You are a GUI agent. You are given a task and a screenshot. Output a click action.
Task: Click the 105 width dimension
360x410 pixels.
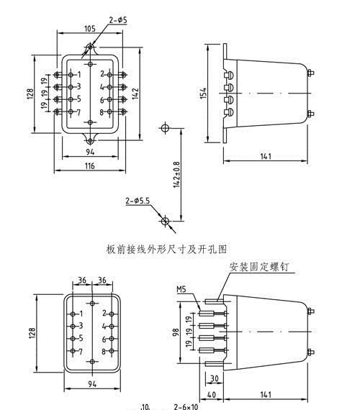[89, 29]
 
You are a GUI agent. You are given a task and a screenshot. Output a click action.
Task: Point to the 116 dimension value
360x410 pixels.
[89, 165]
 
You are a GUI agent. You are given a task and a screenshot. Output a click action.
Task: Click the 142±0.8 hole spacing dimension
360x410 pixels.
[177, 173]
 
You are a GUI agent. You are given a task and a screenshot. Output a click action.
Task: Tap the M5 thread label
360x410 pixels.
[181, 290]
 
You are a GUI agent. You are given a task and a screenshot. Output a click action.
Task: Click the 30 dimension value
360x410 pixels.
[215, 378]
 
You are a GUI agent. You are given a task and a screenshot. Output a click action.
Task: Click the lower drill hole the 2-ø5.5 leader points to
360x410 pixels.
[165, 219]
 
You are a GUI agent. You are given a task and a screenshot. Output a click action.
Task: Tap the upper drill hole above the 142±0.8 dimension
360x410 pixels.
[165, 128]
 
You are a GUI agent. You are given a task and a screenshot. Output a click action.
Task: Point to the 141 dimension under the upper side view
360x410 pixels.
[267, 157]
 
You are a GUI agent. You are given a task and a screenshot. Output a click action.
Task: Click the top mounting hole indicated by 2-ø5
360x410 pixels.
[89, 49]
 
